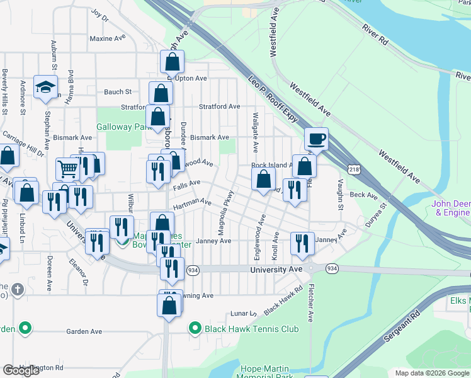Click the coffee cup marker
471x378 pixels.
click(x=317, y=139)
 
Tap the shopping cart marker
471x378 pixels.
click(x=67, y=168)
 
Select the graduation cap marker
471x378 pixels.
click(x=45, y=87)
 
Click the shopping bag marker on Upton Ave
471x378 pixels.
click(x=172, y=62)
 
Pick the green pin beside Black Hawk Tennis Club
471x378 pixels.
click(x=196, y=329)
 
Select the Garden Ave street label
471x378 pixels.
click(x=84, y=331)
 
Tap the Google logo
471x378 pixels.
click(x=21, y=370)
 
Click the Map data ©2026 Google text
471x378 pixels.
click(x=432, y=373)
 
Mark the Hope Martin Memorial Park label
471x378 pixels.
click(x=265, y=372)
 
